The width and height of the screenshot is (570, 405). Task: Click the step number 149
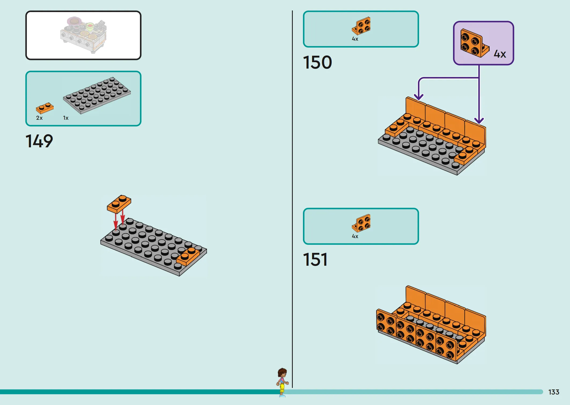pyautogui.click(x=39, y=141)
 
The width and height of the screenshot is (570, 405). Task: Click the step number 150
pyautogui.click(x=317, y=62)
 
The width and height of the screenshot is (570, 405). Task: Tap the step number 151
pyautogui.click(x=315, y=260)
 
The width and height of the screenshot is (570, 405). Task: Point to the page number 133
pyautogui.click(x=554, y=392)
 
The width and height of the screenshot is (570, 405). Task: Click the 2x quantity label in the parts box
pyautogui.click(x=39, y=118)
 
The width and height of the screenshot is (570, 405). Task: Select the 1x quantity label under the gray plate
pyautogui.click(x=66, y=118)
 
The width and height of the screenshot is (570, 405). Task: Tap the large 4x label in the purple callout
pyautogui.click(x=500, y=54)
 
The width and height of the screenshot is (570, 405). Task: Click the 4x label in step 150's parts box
pyautogui.click(x=355, y=39)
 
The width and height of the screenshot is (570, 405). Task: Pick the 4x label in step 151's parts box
pyautogui.click(x=355, y=236)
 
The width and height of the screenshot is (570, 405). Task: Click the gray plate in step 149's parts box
pyautogui.click(x=97, y=95)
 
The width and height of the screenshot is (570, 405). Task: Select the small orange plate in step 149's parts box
pyautogui.click(x=45, y=108)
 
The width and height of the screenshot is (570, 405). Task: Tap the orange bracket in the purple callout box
pyautogui.click(x=474, y=43)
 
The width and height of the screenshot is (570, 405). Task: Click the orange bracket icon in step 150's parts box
pyautogui.click(x=361, y=26)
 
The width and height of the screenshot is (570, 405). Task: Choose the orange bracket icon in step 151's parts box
pyautogui.click(x=361, y=223)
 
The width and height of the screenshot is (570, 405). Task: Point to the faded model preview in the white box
pyautogui.click(x=83, y=35)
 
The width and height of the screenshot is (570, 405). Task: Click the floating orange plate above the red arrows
pyautogui.click(x=119, y=204)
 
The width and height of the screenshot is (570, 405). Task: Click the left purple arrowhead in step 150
pyautogui.click(x=419, y=97)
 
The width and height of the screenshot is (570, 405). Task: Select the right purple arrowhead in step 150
pyautogui.click(x=479, y=121)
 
